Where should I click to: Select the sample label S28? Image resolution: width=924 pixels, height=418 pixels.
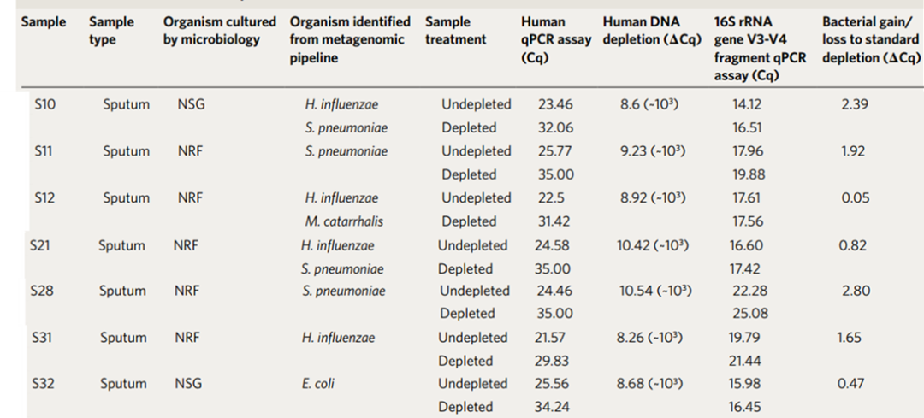pyautogui.click(x=41, y=291)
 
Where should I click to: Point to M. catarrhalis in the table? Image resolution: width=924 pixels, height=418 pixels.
pyautogui.click(x=344, y=221)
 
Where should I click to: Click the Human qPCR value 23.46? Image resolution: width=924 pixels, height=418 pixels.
pyautogui.click(x=555, y=105)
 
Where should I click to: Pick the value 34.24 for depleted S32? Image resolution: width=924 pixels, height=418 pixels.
pyautogui.click(x=553, y=407)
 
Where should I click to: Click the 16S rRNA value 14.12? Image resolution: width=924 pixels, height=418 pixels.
pyautogui.click(x=747, y=105)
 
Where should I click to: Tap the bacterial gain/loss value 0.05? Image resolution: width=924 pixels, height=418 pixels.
pyautogui.click(x=856, y=197)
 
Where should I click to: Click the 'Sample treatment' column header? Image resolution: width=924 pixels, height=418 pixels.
pyautogui.click(x=455, y=31)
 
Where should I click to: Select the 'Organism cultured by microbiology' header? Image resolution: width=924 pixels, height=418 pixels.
pyautogui.click(x=220, y=31)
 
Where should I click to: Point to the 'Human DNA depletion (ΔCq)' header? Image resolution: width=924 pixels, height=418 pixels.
pyautogui.click(x=652, y=31)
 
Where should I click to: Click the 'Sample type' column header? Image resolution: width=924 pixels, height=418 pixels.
pyautogui.click(x=111, y=31)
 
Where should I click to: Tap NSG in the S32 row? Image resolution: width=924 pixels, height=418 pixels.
pyautogui.click(x=188, y=384)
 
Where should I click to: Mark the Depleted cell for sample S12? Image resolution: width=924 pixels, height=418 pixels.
pyautogui.click(x=469, y=221)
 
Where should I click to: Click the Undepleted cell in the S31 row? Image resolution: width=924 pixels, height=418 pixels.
pyautogui.click(x=472, y=338)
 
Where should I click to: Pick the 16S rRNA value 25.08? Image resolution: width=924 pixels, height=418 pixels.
pyautogui.click(x=751, y=313)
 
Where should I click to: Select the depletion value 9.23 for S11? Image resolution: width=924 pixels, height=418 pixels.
pyautogui.click(x=653, y=151)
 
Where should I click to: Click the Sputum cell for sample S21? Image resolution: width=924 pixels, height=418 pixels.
pyautogui.click(x=122, y=245)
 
